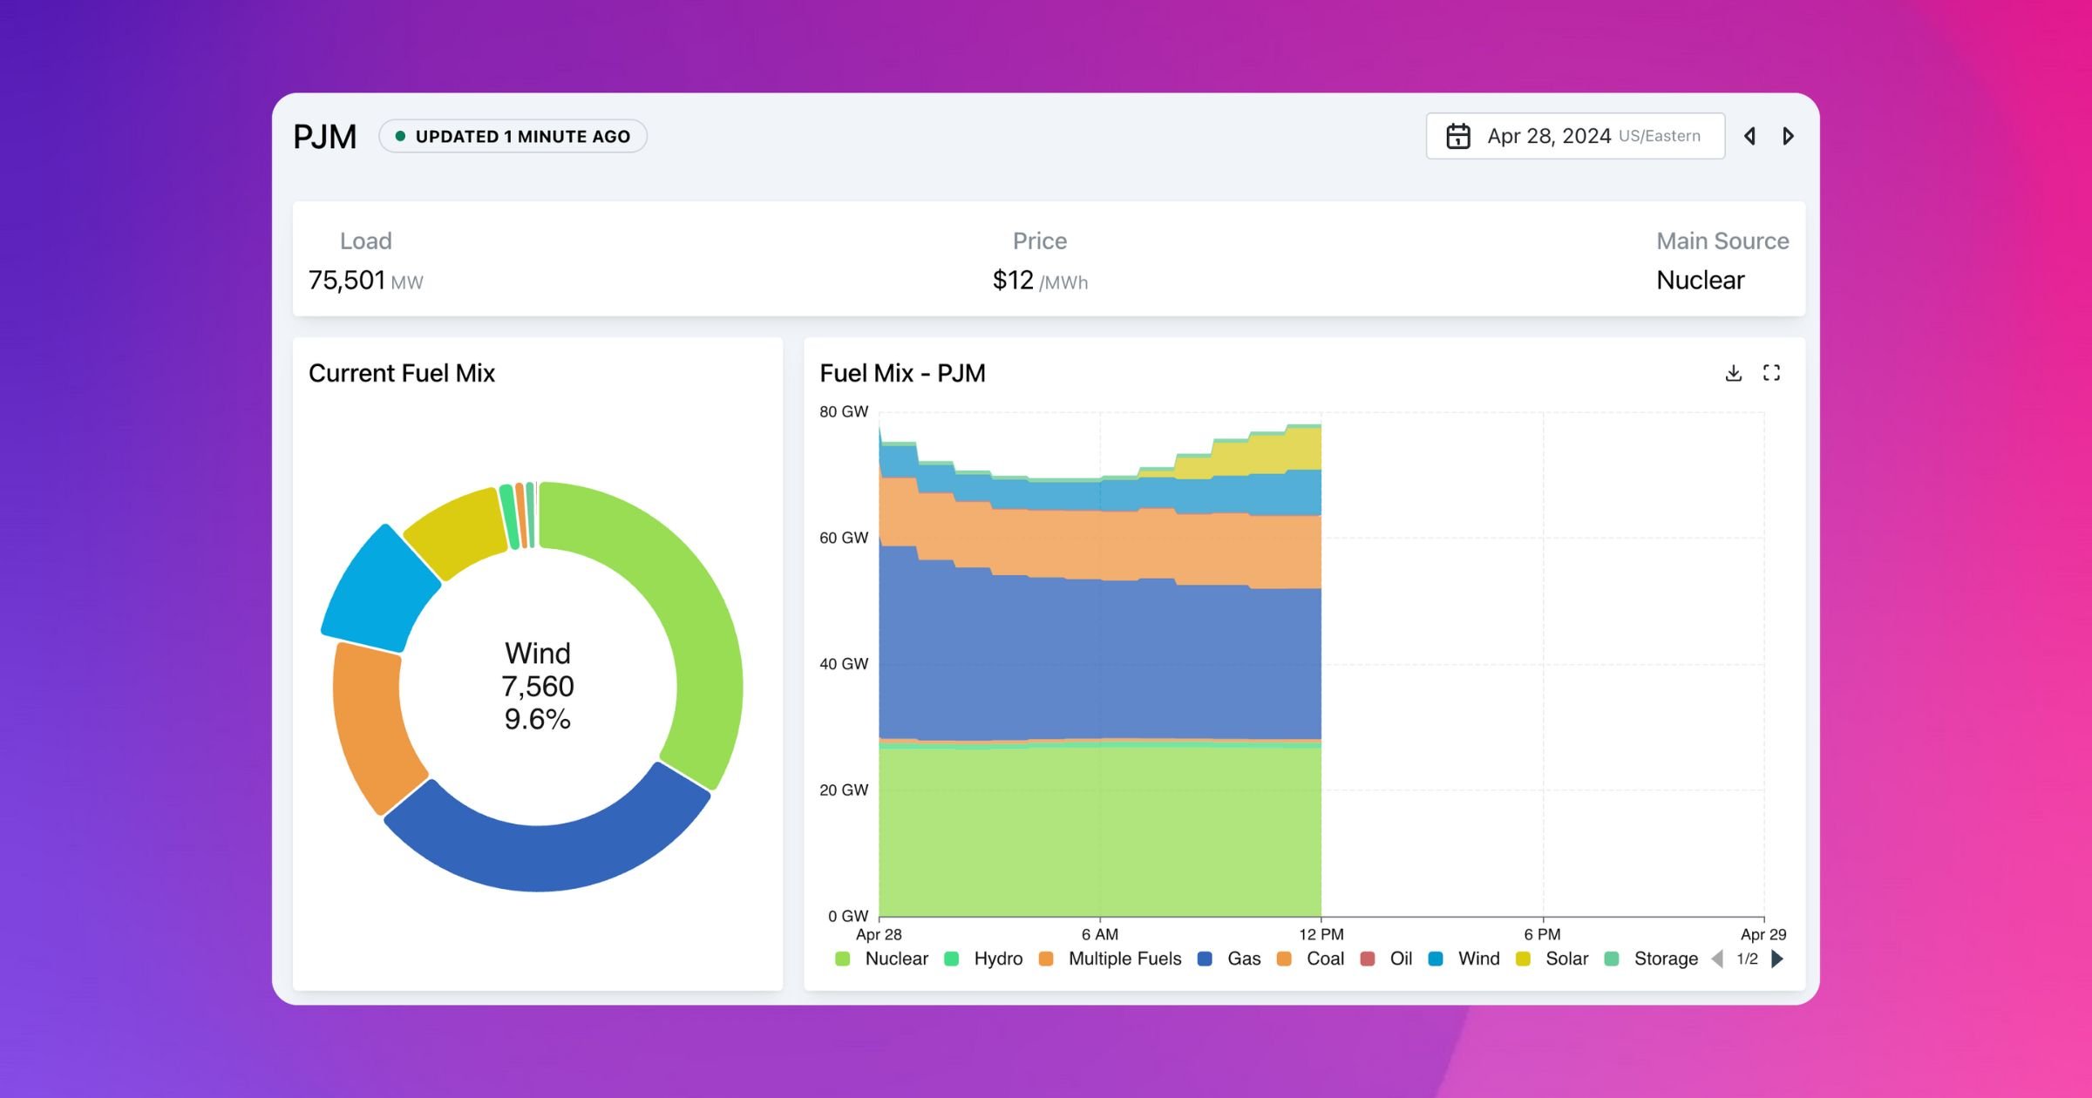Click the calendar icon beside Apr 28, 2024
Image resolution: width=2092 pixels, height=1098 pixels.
1457,136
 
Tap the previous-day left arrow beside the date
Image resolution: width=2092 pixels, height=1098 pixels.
1749,136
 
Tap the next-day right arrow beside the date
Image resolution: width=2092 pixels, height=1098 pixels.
1788,136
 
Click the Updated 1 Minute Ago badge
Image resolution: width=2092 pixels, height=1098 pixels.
513,137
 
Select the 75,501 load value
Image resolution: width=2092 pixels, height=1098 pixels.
347,281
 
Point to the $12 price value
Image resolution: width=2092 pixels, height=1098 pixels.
1013,281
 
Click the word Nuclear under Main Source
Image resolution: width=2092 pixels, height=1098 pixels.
1700,281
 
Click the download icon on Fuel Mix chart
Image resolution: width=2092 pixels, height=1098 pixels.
1733,373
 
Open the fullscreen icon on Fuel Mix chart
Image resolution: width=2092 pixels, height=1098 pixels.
1771,373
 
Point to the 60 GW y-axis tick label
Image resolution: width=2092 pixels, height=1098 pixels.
843,538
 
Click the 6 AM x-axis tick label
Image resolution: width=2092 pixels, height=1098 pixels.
1099,934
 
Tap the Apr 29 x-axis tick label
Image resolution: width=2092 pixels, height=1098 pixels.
1763,934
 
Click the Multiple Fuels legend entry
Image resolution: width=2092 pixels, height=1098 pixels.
1124,959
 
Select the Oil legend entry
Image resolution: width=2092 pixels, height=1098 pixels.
1400,959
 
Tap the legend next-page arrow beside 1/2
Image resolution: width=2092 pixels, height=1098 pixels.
1778,959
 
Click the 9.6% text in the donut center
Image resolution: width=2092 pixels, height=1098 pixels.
537,720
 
